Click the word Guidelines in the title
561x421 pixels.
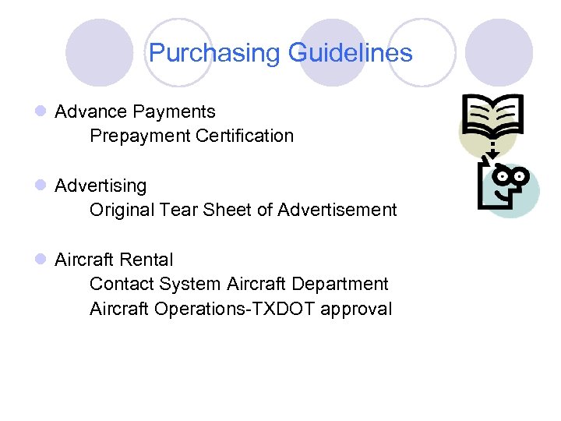click(x=350, y=53)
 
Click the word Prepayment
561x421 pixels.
click(x=140, y=136)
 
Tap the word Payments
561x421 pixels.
click(x=177, y=112)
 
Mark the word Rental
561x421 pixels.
click(x=147, y=260)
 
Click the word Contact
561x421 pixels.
click(x=122, y=284)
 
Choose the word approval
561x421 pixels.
click(x=356, y=310)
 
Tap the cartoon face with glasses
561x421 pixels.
click(x=510, y=186)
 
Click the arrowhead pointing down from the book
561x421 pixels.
click(x=491, y=154)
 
